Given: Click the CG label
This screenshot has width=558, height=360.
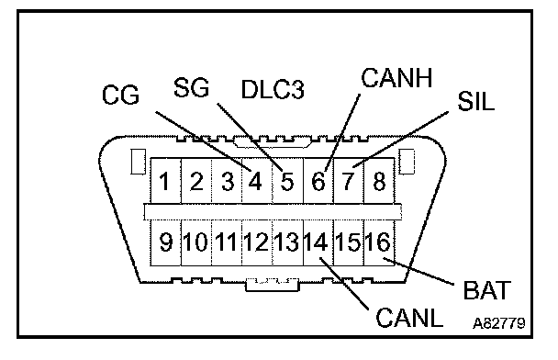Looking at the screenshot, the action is [x=120, y=95].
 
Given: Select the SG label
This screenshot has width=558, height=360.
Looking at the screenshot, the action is [x=191, y=87].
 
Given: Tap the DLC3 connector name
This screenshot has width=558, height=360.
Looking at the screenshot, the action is [x=273, y=89].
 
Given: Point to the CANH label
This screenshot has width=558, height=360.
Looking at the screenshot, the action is [x=396, y=78].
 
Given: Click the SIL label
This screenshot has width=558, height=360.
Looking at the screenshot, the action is [x=475, y=101].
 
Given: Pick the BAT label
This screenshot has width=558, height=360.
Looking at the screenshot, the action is [x=486, y=290].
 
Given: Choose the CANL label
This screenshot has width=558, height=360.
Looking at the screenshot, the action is [x=409, y=317].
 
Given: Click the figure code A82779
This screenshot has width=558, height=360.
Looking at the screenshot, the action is [x=499, y=323].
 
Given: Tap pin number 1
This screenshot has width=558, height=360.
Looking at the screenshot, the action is [x=164, y=181].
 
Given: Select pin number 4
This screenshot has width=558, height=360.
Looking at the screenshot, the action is [x=255, y=181].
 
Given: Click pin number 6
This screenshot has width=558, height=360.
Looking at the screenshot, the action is [x=318, y=181].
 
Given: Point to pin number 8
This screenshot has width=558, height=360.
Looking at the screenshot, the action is [x=379, y=181].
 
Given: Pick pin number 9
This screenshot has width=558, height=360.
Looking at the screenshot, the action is [x=165, y=242].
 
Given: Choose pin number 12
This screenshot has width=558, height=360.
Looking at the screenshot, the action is [x=256, y=242].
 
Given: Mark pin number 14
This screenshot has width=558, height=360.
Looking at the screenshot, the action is [x=317, y=242].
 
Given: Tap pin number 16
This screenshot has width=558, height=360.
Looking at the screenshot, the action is [x=378, y=242].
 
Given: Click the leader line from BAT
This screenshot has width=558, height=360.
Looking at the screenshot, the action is [x=418, y=271].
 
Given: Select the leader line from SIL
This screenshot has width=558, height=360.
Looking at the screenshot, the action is [x=401, y=140].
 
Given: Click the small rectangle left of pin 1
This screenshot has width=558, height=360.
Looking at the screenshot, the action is [x=138, y=162].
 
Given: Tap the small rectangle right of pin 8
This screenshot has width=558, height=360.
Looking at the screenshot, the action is [x=407, y=162].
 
